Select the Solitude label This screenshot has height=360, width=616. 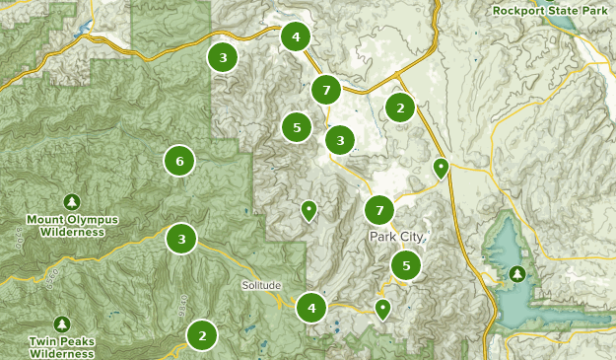coord(261,285)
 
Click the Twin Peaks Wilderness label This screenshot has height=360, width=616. coord(62,347)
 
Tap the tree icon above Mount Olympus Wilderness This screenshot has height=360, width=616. coord(72,201)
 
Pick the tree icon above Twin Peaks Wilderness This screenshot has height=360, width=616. coord(62,324)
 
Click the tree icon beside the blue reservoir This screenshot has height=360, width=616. coord(516,273)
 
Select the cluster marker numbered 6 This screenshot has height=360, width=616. coord(178,160)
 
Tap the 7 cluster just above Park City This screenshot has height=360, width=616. coord(379,210)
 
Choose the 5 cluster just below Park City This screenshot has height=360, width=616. coord(406,264)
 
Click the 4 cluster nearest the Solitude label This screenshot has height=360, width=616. coord(311,308)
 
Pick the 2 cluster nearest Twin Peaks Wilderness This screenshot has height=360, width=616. coord(202,335)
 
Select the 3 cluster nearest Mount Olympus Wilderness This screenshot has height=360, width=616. coord(181,238)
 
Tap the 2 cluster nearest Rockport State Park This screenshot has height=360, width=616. coord(399,108)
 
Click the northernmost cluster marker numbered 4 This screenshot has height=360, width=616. coord(295,37)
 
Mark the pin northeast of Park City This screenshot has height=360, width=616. coord(442,168)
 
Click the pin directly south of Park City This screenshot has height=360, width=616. coord(382,309)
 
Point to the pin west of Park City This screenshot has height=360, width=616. coord(308,209)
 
